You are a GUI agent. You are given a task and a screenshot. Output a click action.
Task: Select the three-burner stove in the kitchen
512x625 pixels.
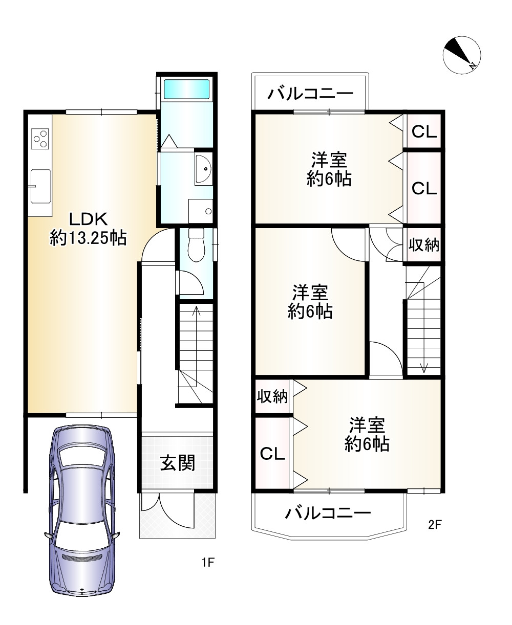[x=40, y=138]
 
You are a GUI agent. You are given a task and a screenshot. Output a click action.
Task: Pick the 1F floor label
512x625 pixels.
[x=207, y=563]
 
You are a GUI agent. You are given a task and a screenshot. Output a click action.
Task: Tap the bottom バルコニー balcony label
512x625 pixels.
[x=328, y=512]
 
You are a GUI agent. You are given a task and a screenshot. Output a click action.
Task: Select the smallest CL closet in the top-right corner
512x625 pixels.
[x=424, y=132]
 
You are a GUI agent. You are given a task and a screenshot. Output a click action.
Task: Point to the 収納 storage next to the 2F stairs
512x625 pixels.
[x=423, y=245]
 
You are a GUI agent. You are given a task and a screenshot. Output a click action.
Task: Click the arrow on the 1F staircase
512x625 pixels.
[x=195, y=312]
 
